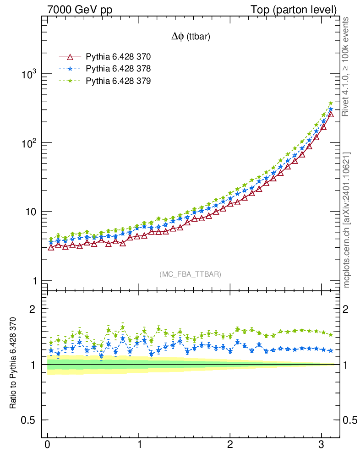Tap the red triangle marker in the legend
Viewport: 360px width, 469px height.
70,57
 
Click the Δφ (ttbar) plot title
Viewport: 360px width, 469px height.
191,38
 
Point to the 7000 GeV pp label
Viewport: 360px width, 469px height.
80,10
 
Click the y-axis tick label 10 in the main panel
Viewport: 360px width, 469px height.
30,212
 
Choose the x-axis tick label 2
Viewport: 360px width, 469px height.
230,445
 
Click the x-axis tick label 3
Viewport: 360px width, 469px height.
322,445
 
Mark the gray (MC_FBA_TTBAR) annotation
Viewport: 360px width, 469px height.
191,274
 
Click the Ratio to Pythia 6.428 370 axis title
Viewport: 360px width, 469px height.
13,363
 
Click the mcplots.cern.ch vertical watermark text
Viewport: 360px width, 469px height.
347,220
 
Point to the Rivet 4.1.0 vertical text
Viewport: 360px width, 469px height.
346,66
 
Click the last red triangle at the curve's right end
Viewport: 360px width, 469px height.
331,114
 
